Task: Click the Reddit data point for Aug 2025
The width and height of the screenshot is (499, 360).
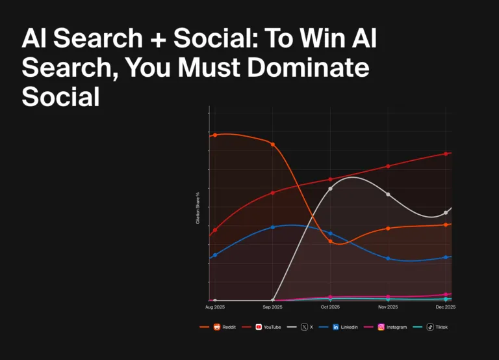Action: click(x=215, y=135)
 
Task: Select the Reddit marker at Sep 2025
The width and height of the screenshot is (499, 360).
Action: click(x=272, y=145)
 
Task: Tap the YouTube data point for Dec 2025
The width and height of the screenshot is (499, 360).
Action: click(x=446, y=154)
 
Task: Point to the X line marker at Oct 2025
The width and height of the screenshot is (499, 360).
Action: click(x=330, y=189)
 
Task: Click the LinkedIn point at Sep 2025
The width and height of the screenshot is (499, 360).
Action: click(x=272, y=227)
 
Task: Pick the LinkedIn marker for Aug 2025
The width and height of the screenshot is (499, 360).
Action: click(x=215, y=255)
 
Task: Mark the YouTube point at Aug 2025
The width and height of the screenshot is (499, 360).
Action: click(x=215, y=230)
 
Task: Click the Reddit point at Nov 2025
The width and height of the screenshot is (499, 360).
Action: click(x=388, y=228)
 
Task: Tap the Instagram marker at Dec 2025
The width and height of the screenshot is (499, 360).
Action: click(x=446, y=295)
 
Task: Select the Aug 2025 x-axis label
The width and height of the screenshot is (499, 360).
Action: click(x=215, y=307)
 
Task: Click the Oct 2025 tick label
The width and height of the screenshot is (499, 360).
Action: click(x=330, y=307)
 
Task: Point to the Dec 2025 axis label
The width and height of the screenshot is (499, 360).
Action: click(x=446, y=307)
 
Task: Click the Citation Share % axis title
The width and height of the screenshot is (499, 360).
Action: click(x=198, y=208)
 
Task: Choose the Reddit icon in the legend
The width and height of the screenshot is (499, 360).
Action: click(x=217, y=327)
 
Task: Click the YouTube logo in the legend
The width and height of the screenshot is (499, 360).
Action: click(x=259, y=327)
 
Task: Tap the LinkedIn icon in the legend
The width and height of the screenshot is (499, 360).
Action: click(x=336, y=327)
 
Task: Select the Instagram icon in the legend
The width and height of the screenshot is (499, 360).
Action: click(x=381, y=327)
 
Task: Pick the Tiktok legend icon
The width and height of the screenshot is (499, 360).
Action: click(x=430, y=327)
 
